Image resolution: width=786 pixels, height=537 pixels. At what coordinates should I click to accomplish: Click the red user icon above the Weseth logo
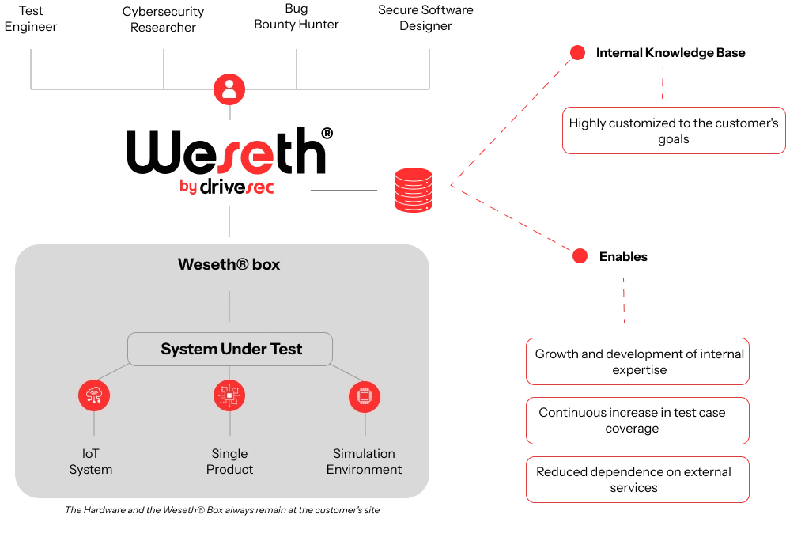pos(229,89)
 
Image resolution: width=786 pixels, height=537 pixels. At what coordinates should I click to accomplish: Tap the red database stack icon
pos(414,190)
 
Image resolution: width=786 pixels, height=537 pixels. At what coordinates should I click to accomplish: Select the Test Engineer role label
pos(31,18)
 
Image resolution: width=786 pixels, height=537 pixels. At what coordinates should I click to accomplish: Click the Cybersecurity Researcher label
pos(164,20)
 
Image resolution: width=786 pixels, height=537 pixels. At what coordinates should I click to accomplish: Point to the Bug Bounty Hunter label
pos(297,17)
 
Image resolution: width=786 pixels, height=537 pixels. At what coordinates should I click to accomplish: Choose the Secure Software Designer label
pos(425,18)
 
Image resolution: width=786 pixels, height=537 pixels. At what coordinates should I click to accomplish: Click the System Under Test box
pos(230,349)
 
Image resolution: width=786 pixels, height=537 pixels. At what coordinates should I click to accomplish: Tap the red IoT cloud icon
pos(94,395)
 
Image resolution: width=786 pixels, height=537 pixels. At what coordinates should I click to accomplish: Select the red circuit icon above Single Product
pos(229,395)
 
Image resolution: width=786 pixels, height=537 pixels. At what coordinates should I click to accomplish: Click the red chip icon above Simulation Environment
pos(365,396)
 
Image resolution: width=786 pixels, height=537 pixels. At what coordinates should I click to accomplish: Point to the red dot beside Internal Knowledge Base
pos(577,53)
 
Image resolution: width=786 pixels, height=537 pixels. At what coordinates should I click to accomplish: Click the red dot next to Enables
pos(580,256)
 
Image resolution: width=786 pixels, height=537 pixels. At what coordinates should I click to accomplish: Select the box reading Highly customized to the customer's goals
pos(674,130)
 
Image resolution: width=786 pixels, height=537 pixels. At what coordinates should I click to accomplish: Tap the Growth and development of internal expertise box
pos(637,361)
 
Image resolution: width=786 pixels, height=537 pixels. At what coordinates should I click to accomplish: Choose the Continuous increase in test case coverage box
pos(637,421)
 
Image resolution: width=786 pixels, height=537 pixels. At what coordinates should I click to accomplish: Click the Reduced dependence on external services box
pos(637,479)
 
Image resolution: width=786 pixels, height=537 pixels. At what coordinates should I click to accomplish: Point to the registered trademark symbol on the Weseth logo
pos(327,134)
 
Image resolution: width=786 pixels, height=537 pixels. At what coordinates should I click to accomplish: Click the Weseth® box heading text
pos(229,264)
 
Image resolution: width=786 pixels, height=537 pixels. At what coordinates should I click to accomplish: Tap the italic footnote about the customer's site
pos(222,510)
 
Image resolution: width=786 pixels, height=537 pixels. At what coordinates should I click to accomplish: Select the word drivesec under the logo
pos(236,187)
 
